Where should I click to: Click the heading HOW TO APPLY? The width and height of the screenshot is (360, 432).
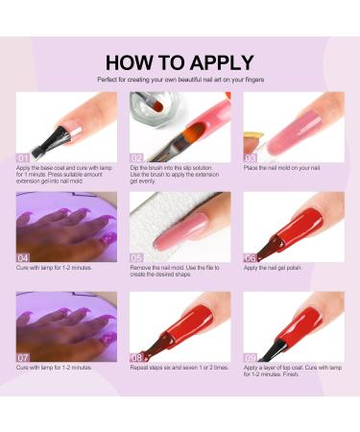pos(180,62)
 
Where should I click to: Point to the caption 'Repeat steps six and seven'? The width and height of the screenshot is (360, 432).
pos(177,369)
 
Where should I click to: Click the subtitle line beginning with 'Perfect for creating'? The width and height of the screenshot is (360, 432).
pos(180,79)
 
